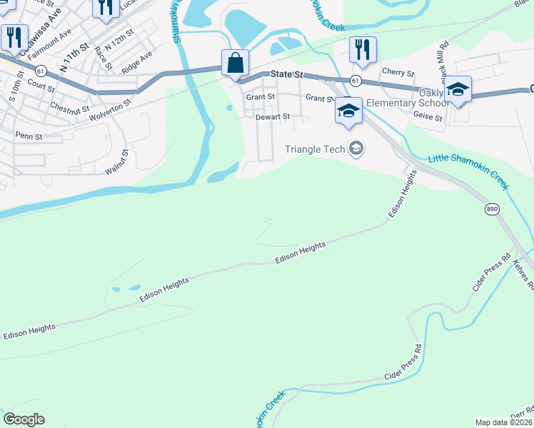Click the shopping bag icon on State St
235,63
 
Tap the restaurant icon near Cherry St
363,49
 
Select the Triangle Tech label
315,149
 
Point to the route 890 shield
491,209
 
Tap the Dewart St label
273,116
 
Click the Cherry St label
398,73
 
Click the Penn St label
29,136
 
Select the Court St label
41,86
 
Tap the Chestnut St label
69,108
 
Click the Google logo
24,419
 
